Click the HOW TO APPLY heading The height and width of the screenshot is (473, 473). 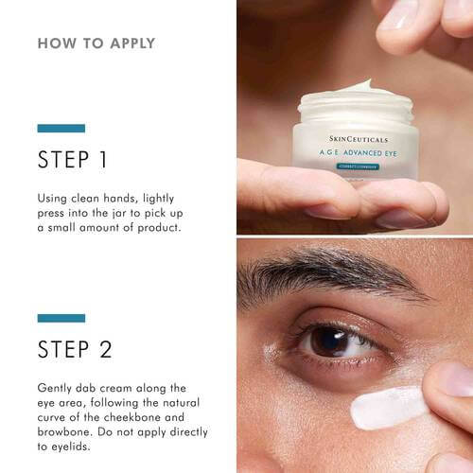[96, 44]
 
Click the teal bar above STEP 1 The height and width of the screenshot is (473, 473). [61, 128]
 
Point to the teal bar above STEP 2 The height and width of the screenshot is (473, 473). [61, 318]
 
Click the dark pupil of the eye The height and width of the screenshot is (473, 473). [332, 341]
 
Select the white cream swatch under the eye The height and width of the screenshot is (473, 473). [391, 406]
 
